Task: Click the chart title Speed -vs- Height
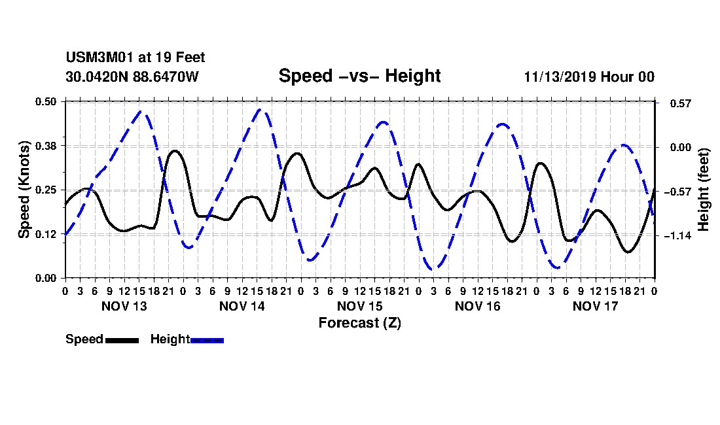pyautogui.click(x=359, y=76)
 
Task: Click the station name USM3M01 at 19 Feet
pyautogui.click(x=135, y=58)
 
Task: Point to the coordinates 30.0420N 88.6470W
pyautogui.click(x=132, y=76)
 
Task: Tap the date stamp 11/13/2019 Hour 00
pyautogui.click(x=589, y=76)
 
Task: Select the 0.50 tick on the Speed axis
pyautogui.click(x=45, y=101)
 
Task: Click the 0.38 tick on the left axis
pyautogui.click(x=45, y=146)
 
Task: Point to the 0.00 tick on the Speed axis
pyautogui.click(x=45, y=279)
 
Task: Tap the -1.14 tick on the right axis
pyautogui.click(x=677, y=235)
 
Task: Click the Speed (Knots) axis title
pyautogui.click(x=24, y=190)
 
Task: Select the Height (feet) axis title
pyautogui.click(x=703, y=190)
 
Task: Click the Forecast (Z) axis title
pyautogui.click(x=359, y=323)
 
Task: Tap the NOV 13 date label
pyautogui.click(x=124, y=306)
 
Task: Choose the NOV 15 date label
pyautogui.click(x=359, y=306)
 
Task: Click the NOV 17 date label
pyautogui.click(x=596, y=306)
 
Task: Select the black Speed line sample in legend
pyautogui.click(x=122, y=341)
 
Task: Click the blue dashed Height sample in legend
pyautogui.click(x=207, y=341)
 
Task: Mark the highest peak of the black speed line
pyautogui.click(x=175, y=150)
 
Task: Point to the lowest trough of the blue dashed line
pyautogui.click(x=433, y=269)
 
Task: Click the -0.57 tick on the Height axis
pyautogui.click(x=677, y=192)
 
